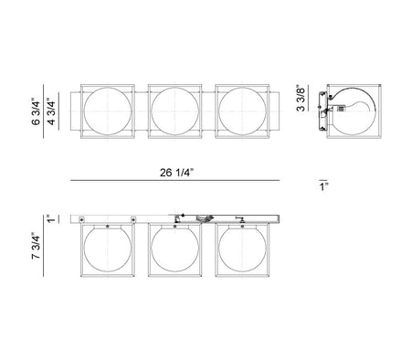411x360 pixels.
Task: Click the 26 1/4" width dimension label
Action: tap(176, 173)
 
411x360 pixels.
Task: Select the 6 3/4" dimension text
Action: tap(36, 111)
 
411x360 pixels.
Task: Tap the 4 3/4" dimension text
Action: tap(51, 112)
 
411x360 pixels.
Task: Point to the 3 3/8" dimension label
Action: tap(300, 99)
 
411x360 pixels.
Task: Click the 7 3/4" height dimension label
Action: tap(36, 246)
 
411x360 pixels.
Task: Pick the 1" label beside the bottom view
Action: tap(51, 218)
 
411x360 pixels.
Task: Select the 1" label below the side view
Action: tap(323, 186)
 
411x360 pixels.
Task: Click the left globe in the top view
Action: tap(108, 111)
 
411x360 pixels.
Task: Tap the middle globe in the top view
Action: tap(174, 111)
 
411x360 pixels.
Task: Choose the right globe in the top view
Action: tap(242, 111)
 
